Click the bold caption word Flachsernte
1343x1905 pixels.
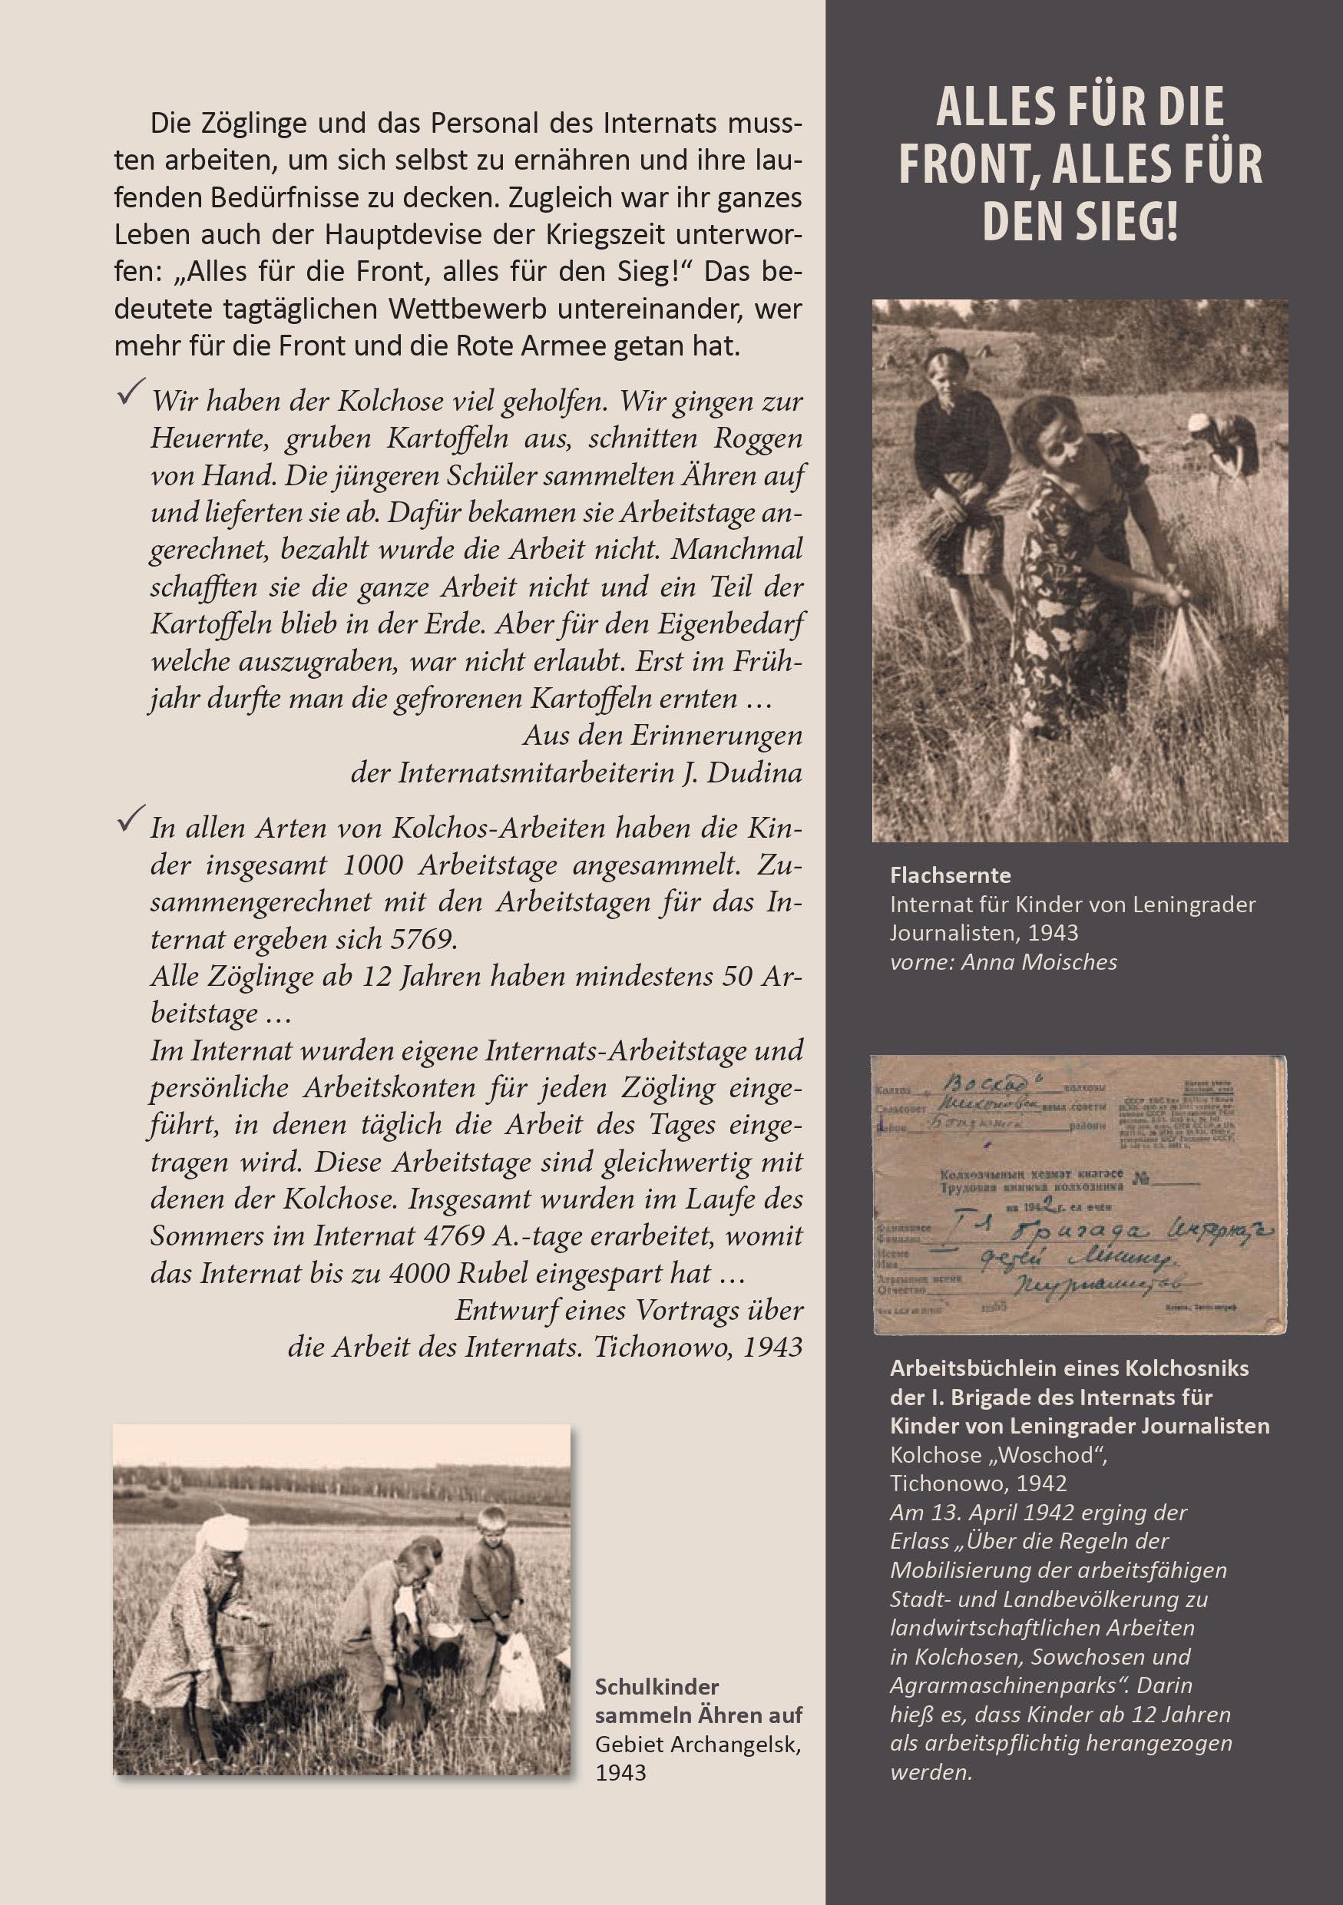pos(950,875)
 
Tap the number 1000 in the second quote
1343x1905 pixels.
pos(372,865)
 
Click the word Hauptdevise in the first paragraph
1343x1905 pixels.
pos(393,235)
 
